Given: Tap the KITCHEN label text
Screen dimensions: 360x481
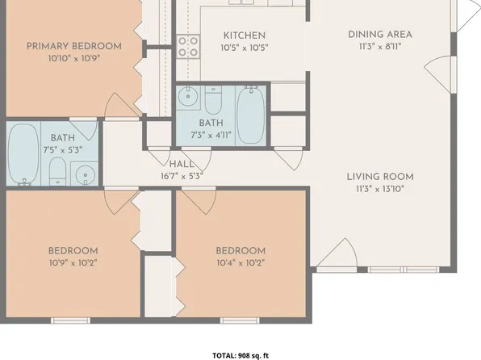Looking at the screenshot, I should coord(245,36).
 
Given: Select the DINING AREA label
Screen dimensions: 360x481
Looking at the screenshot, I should coord(380,34).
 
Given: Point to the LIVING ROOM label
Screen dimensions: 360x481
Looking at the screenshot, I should coord(380,177).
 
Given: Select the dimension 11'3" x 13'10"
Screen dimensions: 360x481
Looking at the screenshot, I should coord(380,188).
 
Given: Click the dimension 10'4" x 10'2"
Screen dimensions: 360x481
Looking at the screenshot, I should coord(240,262).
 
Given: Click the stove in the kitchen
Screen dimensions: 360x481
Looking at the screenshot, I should coord(188,47).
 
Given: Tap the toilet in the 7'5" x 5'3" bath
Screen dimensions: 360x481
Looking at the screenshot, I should coord(57,170).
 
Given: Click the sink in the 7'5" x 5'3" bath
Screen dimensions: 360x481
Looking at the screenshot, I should coord(83,174).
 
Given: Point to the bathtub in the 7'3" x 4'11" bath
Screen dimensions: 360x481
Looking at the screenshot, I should coord(249,113).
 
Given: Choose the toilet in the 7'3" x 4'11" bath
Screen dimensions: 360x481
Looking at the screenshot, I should coord(213,102).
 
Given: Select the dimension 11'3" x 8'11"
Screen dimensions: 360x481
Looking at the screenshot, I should coord(380,46).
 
